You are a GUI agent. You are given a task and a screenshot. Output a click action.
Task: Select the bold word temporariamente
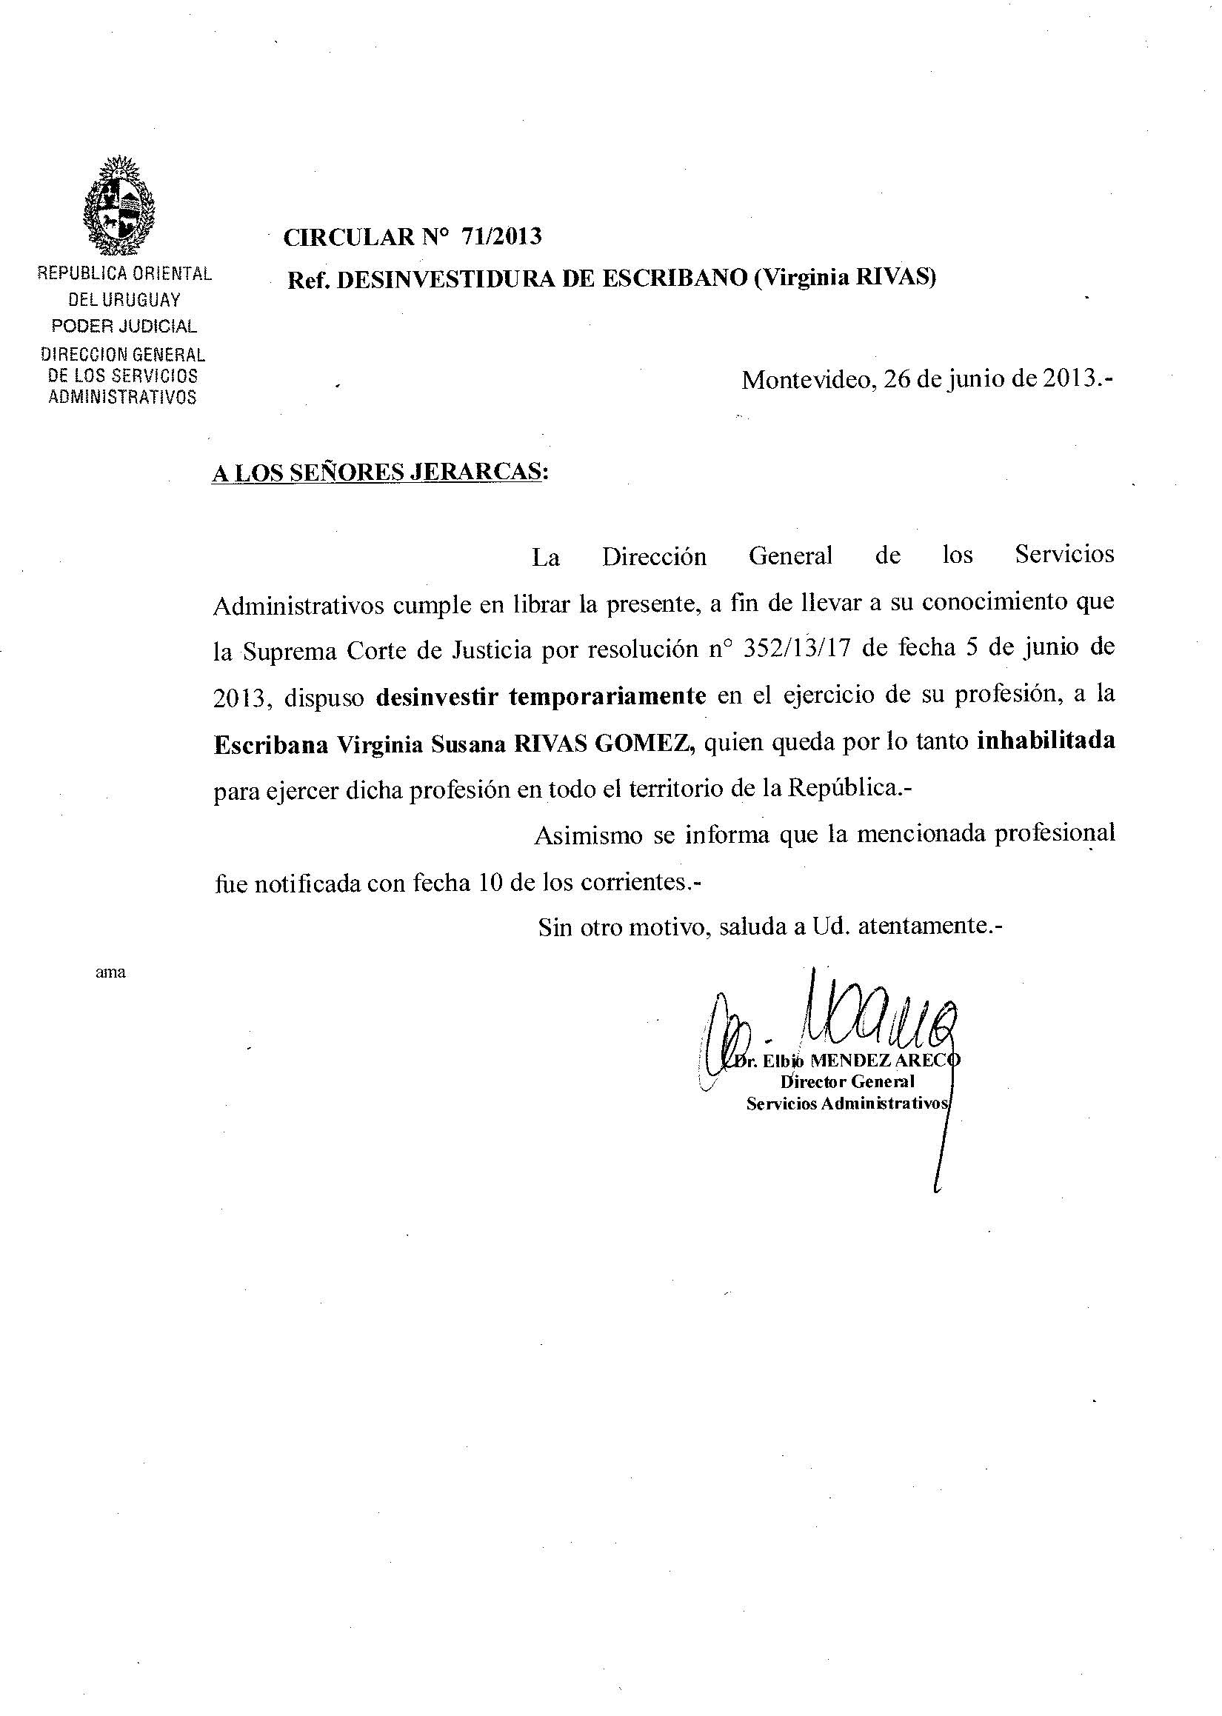607,696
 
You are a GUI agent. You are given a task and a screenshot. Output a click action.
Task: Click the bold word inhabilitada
1045,741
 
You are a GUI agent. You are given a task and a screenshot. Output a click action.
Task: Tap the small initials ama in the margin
110,972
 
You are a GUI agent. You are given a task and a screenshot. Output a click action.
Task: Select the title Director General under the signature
847,1082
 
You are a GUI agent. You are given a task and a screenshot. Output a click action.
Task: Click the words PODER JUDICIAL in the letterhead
124,327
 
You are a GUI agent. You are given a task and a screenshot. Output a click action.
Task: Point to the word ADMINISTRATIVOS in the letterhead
122,397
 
